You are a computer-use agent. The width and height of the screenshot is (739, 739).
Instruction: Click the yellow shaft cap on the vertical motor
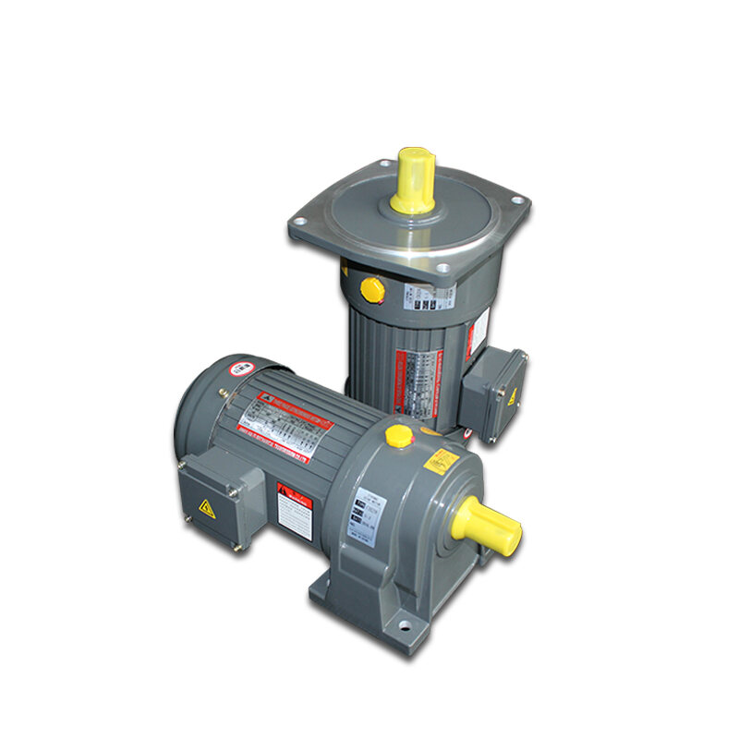click(413, 180)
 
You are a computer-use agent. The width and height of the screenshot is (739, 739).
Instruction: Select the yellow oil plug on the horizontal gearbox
click(399, 435)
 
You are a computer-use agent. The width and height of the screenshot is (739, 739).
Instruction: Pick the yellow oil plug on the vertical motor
click(371, 290)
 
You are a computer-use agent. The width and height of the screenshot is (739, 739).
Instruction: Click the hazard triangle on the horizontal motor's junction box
click(206, 508)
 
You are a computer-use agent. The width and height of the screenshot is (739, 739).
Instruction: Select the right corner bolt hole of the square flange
click(517, 200)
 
